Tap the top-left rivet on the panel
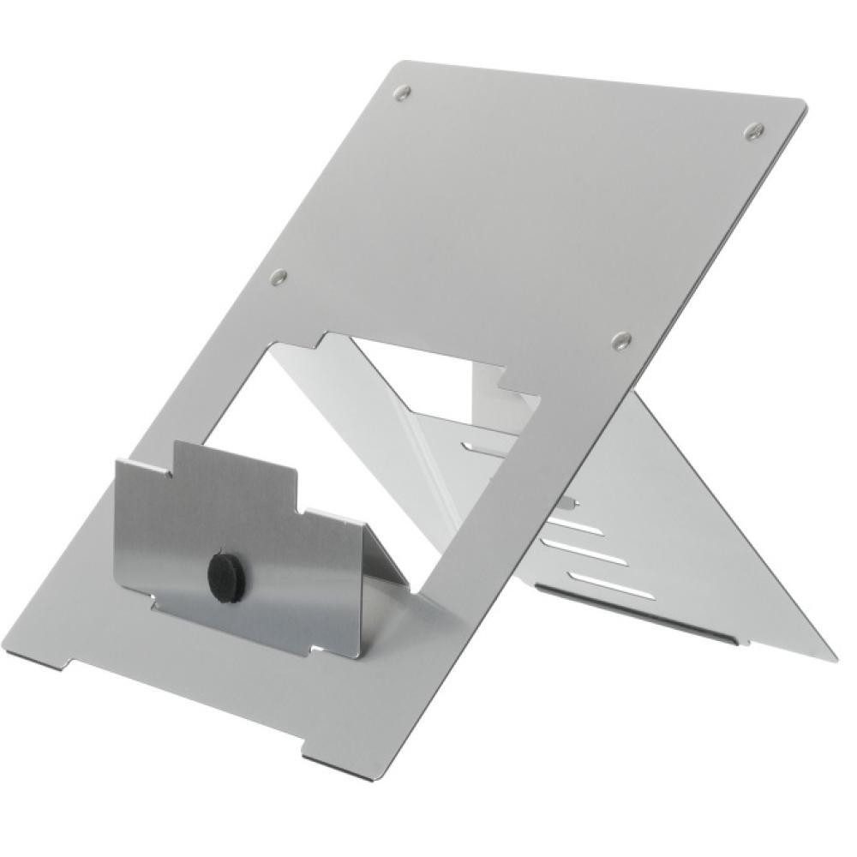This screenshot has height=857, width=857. pos(402,93)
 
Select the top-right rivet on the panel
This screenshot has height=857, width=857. pos(753,130)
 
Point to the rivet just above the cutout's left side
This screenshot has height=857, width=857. pos(278,277)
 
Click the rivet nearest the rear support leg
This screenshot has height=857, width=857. pos(621,341)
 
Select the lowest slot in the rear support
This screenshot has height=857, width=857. pos(600,585)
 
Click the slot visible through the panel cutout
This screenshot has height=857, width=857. pos(484,446)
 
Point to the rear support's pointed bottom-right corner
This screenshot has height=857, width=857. pos(831,658)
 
